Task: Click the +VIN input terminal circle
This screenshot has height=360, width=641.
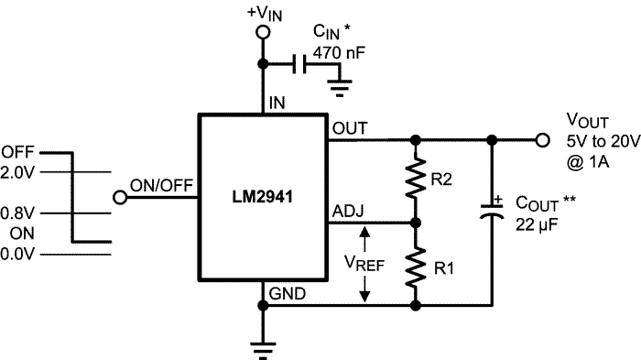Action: [264, 32]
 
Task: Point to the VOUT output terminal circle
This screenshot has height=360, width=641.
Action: [542, 140]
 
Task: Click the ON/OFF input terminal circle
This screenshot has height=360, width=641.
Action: [119, 198]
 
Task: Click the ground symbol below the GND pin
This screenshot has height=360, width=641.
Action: [264, 345]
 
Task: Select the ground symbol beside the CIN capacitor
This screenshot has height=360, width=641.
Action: [340, 89]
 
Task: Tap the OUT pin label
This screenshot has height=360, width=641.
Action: [350, 128]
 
